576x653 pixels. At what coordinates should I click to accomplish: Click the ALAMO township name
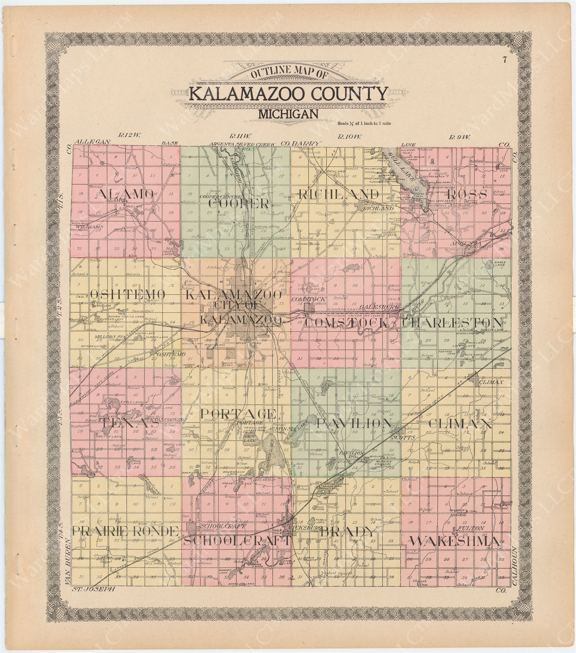pyautogui.click(x=126, y=194)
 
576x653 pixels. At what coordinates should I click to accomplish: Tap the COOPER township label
pyautogui.click(x=239, y=203)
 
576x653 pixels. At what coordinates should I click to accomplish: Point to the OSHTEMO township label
pyautogui.click(x=127, y=295)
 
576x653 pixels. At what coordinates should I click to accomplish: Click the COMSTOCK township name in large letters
pyautogui.click(x=346, y=323)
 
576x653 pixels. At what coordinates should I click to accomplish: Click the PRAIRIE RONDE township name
pyautogui.click(x=125, y=531)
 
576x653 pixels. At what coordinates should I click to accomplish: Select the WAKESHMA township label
pyautogui.click(x=454, y=541)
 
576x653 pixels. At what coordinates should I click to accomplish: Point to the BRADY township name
pyautogui.click(x=347, y=532)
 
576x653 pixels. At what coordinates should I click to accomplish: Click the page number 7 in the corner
pyautogui.click(x=504, y=60)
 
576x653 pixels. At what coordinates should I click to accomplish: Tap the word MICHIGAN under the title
pyautogui.click(x=288, y=114)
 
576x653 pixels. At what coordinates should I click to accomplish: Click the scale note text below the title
pyautogui.click(x=364, y=123)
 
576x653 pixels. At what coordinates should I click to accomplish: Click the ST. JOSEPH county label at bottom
pyautogui.click(x=92, y=589)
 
